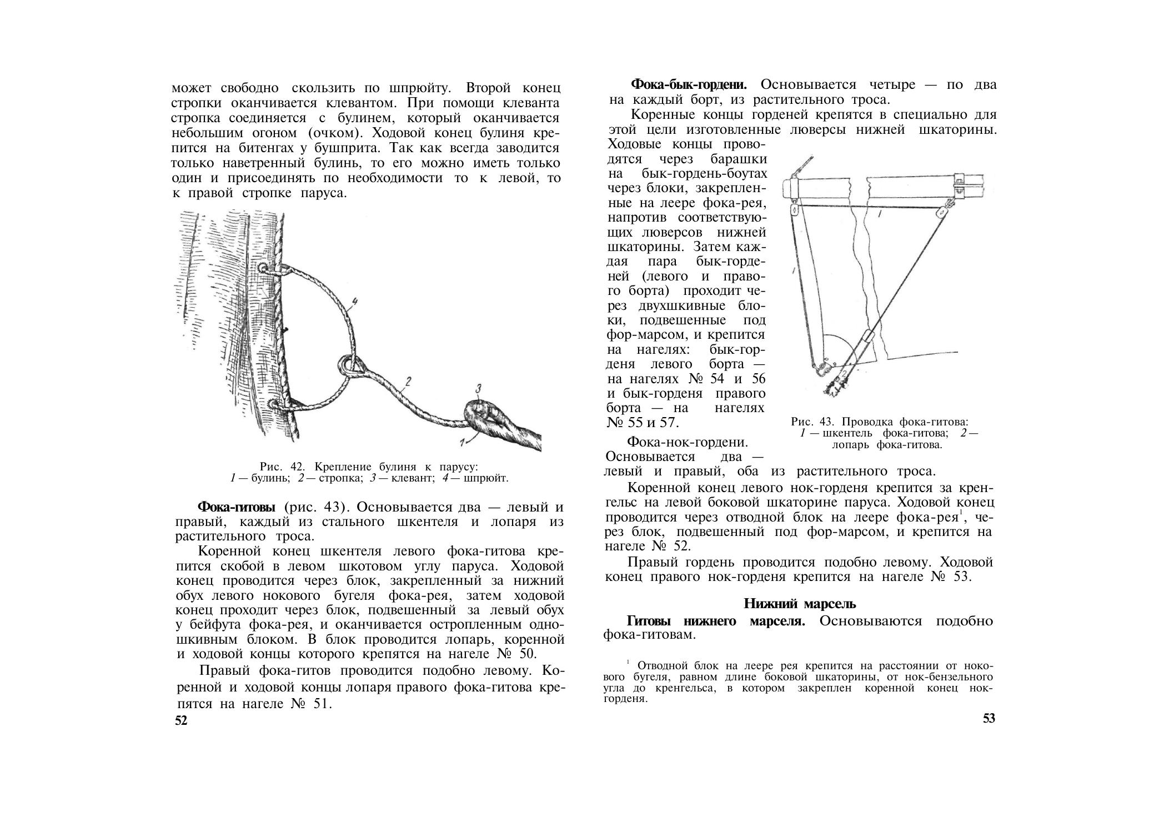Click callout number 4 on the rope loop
[x=354, y=302]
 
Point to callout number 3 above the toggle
[x=478, y=388]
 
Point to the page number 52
[x=182, y=721]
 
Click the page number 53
[x=989, y=718]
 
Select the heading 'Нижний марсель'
[x=800, y=603]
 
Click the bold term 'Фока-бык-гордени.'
[x=689, y=85]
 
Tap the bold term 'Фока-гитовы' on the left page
[x=237, y=507]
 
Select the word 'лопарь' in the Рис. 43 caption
[x=852, y=444]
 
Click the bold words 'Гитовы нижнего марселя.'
[x=715, y=620]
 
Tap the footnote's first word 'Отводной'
[x=657, y=665]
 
